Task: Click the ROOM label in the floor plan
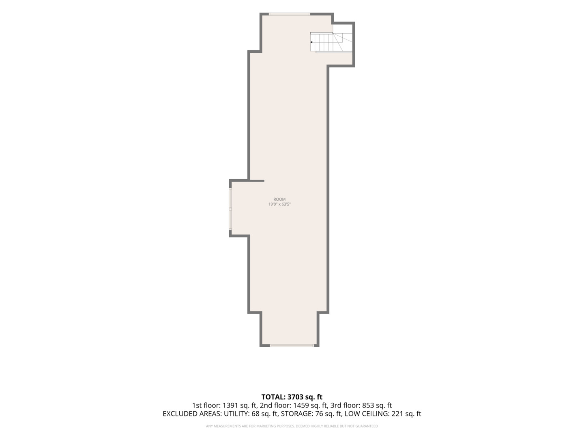pos(279,199)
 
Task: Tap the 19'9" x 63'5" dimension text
pos(279,204)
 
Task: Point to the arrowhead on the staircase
pos(311,42)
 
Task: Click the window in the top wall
pos(289,14)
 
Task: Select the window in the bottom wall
pos(292,346)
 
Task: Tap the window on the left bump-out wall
pos(230,209)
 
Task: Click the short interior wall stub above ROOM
pos(256,181)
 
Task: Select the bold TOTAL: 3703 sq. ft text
pos(292,397)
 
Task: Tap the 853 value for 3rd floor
pos(368,405)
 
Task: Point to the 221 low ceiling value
pos(397,414)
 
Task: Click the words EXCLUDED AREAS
pos(192,414)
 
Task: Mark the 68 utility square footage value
pos(253,414)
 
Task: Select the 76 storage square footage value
pos(319,414)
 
